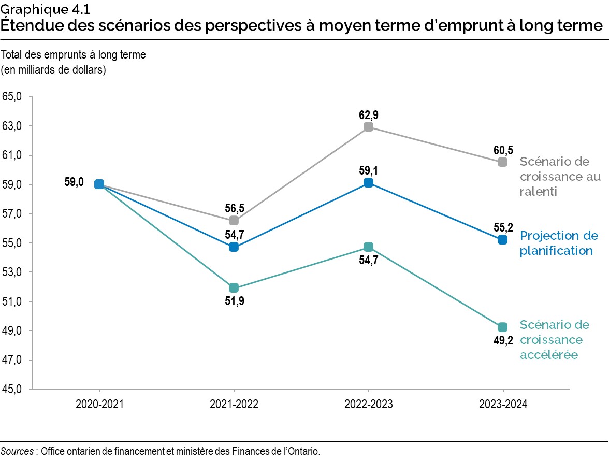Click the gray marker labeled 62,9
pyautogui.click(x=368, y=127)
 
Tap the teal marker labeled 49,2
pyautogui.click(x=502, y=327)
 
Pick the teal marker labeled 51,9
pyautogui.click(x=234, y=288)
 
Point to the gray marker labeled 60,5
pyautogui.click(x=502, y=162)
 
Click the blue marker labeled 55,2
pyautogui.click(x=502, y=240)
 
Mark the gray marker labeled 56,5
pyautogui.click(x=234, y=221)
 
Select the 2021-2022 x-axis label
pyautogui.click(x=234, y=406)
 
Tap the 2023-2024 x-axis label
pyautogui.click(x=502, y=406)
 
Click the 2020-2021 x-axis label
pyautogui.click(x=99, y=406)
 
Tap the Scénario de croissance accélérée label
pyautogui.click(x=555, y=340)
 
